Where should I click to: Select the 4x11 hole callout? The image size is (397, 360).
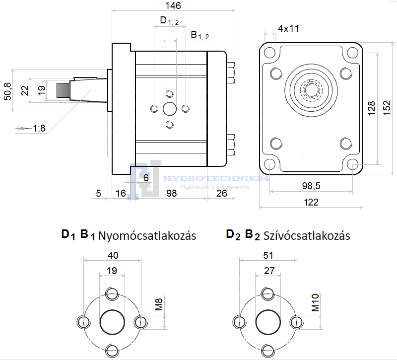click(x=288, y=28)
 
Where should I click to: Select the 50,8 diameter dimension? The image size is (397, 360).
click(x=6, y=91)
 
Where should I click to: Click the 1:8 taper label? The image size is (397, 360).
click(x=39, y=128)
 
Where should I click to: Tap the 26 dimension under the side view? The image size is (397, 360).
click(x=221, y=193)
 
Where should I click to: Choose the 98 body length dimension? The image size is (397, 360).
click(x=171, y=193)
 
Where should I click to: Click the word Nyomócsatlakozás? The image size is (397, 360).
click(x=147, y=235)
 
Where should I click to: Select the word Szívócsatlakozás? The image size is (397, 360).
click(x=307, y=235)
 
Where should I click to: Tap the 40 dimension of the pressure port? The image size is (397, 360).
click(x=113, y=255)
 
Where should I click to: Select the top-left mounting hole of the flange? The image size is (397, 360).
click(x=269, y=52)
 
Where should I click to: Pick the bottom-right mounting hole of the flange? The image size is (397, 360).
click(x=353, y=165)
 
